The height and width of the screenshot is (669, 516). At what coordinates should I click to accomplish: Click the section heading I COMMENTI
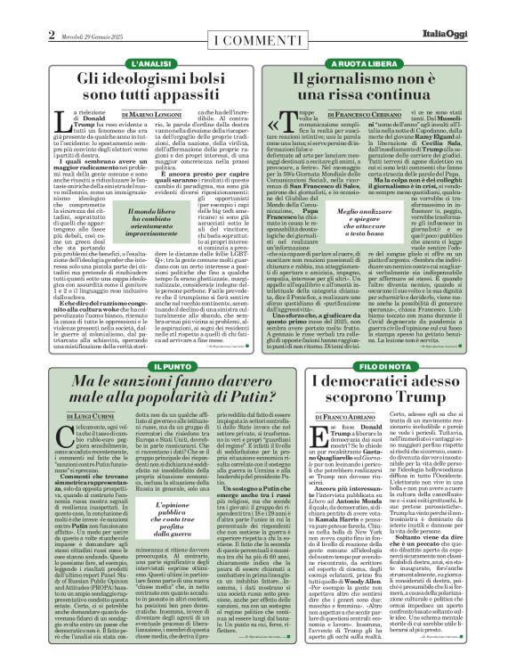tap(257, 41)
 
